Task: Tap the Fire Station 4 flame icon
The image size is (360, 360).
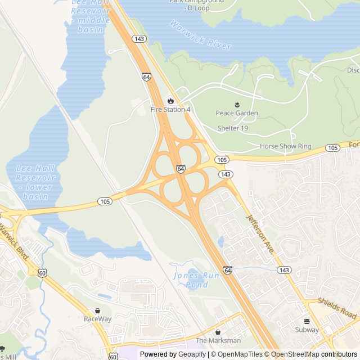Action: point(170,101)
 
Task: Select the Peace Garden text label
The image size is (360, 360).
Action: point(237,113)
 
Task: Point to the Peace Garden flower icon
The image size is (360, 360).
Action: point(237,104)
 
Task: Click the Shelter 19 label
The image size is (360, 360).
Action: point(233,128)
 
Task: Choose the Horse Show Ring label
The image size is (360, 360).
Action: point(285,146)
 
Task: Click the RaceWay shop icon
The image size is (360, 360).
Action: point(97,310)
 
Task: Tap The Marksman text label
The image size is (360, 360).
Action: point(218,340)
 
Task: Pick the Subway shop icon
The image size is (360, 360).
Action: point(307,322)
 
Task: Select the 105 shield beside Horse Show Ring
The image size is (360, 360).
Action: point(332,148)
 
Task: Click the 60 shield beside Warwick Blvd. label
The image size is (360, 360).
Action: point(43,273)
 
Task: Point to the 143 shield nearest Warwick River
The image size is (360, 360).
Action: point(139,38)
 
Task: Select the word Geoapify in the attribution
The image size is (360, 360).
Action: point(191,354)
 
